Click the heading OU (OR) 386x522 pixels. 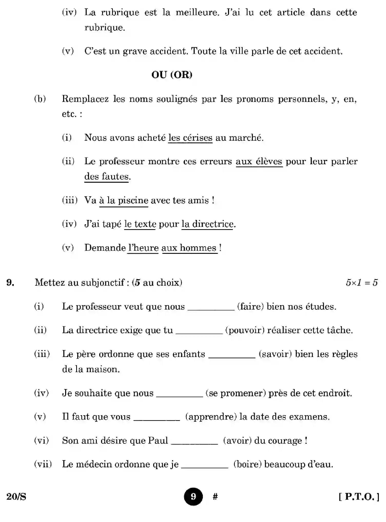point(172,75)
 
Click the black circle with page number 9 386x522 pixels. point(193,497)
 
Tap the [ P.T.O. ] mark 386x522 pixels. point(359,497)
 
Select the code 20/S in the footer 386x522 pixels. point(16,497)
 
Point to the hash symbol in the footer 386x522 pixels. point(215,497)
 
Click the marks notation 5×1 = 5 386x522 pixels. point(362,283)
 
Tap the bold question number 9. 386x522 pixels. point(10,283)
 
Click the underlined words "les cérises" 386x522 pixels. point(190,138)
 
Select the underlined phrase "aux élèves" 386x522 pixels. point(259,161)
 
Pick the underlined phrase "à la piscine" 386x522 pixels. point(124,200)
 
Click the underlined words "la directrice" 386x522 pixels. point(207,224)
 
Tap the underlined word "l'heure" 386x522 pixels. point(143,248)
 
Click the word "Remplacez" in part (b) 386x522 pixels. point(85,99)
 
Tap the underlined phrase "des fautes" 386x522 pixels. point(106,177)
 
